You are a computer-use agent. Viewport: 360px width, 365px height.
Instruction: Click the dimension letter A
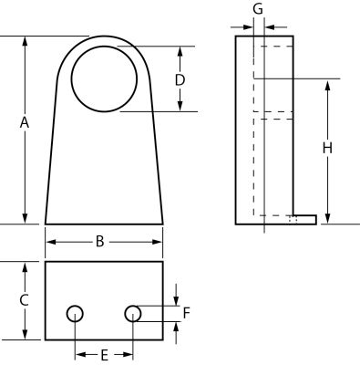[x=25, y=123]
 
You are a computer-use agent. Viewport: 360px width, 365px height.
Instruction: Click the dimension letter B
[x=100, y=242]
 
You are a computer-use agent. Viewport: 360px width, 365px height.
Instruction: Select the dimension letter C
[x=24, y=300]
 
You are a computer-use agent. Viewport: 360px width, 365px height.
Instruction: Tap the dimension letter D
[x=180, y=80]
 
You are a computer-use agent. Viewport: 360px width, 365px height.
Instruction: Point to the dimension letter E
[x=104, y=355]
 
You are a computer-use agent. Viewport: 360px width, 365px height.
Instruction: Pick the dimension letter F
[x=187, y=313]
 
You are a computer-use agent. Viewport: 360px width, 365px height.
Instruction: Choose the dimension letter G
[x=258, y=9]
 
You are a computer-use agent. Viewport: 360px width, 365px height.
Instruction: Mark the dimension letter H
[x=327, y=148]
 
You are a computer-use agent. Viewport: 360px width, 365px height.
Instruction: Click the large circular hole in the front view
[x=104, y=78]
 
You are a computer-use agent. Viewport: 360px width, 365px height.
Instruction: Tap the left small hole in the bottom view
[x=75, y=314]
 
